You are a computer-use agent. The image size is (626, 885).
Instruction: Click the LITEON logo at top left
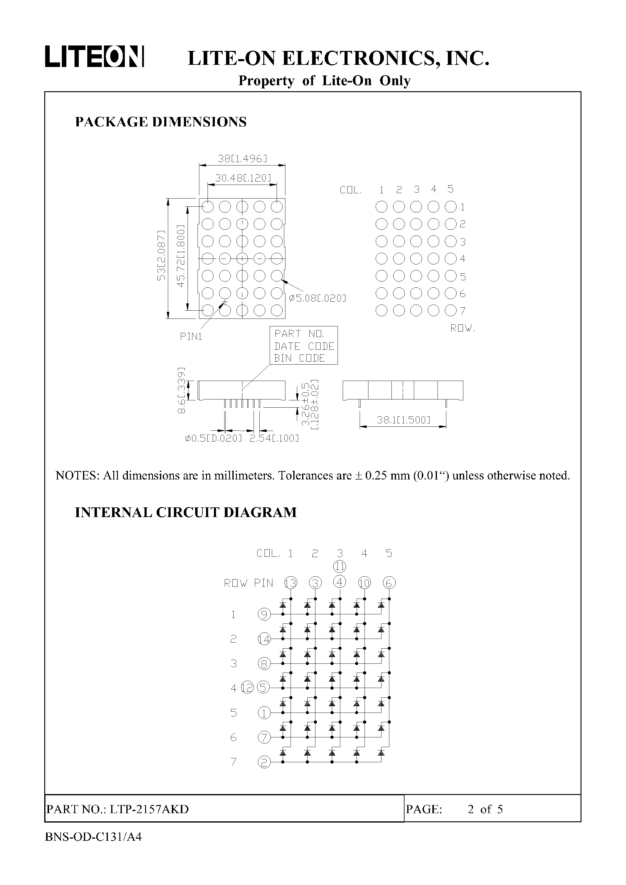point(95,57)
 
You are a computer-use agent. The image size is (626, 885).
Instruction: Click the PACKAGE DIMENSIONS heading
point(160,122)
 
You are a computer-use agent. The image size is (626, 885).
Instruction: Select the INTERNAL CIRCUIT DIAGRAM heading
point(185,512)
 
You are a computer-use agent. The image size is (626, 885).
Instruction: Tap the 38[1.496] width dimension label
point(242,159)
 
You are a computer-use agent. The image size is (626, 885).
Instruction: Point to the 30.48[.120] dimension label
point(243,178)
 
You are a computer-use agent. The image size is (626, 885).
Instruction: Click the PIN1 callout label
point(191,336)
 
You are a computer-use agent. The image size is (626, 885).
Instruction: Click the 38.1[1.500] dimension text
point(403,420)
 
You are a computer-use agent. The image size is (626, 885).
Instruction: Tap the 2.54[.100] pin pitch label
point(274,438)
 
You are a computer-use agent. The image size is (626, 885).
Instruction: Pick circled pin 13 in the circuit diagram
point(291,583)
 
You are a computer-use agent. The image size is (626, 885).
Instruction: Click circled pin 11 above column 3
point(340,566)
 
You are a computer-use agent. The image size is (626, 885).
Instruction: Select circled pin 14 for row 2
point(264,640)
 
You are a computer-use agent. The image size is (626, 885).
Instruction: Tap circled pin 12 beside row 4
point(248,687)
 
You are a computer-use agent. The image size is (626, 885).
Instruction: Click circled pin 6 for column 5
point(389,583)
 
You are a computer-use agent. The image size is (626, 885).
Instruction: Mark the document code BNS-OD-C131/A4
point(93,837)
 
